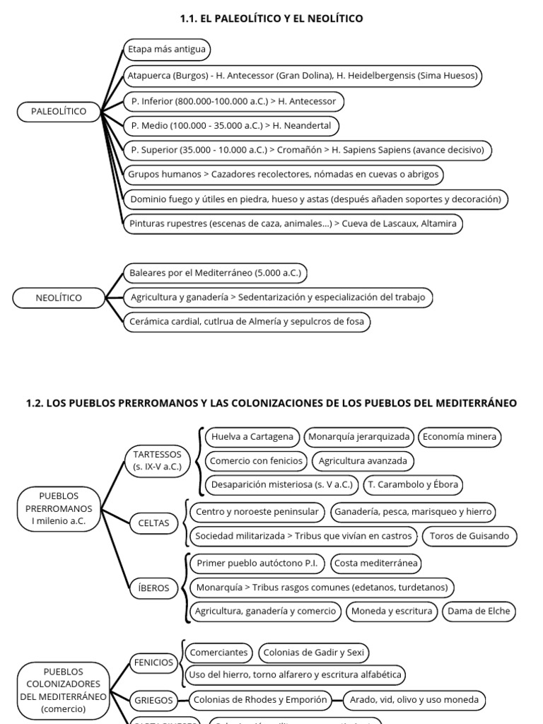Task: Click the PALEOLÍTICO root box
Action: click(x=59, y=112)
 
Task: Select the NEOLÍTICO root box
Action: click(x=59, y=298)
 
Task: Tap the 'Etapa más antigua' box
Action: click(x=167, y=49)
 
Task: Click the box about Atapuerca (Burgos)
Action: click(x=303, y=76)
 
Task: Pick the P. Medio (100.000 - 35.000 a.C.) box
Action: click(x=231, y=126)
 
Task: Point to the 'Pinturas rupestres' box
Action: click(x=293, y=224)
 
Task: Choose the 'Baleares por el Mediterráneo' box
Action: click(x=215, y=273)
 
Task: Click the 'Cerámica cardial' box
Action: click(x=246, y=322)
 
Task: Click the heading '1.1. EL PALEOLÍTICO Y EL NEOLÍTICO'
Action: click(x=271, y=18)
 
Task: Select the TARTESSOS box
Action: click(x=157, y=460)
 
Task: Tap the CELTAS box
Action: click(x=154, y=523)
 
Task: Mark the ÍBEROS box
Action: click(x=154, y=588)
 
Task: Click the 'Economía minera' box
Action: click(x=460, y=437)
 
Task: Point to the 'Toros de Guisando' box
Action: click(x=469, y=536)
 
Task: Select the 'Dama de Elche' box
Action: click(x=479, y=612)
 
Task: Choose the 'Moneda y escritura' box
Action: click(x=391, y=612)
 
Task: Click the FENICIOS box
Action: click(x=153, y=662)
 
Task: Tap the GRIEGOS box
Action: click(x=153, y=700)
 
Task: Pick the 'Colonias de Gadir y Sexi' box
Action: click(x=313, y=653)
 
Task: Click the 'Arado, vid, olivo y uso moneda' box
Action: click(x=414, y=700)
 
